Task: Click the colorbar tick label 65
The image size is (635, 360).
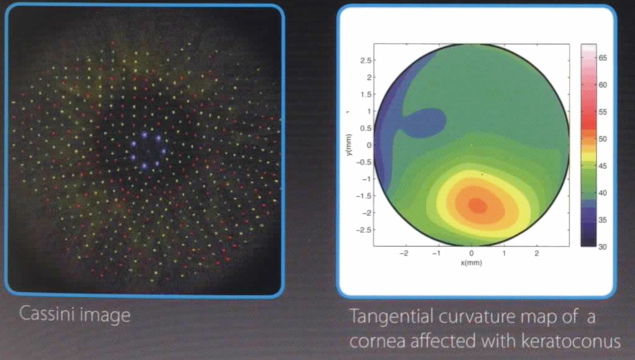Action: point(602,58)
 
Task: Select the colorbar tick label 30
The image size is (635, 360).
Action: point(602,247)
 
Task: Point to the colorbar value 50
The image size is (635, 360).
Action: point(602,139)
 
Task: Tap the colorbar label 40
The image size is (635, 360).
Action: point(602,193)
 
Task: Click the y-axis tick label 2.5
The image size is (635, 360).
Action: point(366,60)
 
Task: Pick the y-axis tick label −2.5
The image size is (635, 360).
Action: point(363,229)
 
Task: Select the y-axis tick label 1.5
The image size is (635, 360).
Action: point(366,94)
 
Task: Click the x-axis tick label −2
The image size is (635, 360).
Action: point(404,253)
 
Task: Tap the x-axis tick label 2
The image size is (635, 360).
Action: point(537,253)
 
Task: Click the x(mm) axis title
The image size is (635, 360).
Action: point(472,263)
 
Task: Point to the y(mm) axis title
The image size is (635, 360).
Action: point(349,145)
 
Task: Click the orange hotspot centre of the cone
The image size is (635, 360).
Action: point(478,206)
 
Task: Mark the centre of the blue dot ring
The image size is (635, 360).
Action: point(148,150)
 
